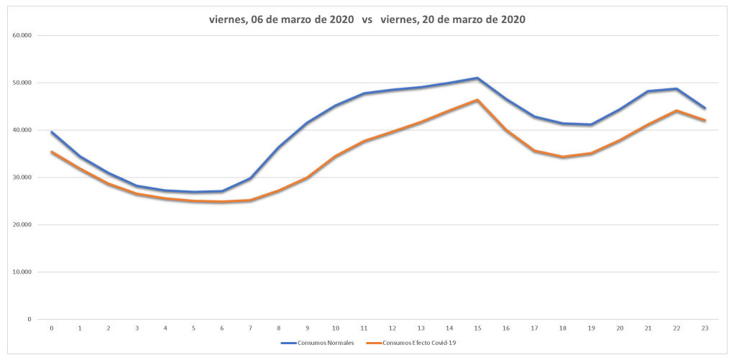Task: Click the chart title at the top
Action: [x=367, y=20]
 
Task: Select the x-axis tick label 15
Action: [x=477, y=328]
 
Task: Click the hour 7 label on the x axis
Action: [x=250, y=328]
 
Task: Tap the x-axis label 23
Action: [x=705, y=328]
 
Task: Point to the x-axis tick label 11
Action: [x=364, y=328]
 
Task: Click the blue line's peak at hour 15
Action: [x=477, y=78]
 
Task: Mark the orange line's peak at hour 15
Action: [x=477, y=100]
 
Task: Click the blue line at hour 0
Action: [x=52, y=132]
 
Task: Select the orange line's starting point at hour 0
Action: [x=52, y=152]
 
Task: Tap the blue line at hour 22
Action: [x=676, y=89]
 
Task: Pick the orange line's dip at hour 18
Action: [x=563, y=157]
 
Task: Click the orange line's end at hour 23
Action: [x=705, y=121]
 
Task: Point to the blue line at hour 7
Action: [x=250, y=178]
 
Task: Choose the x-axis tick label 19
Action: [x=591, y=328]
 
